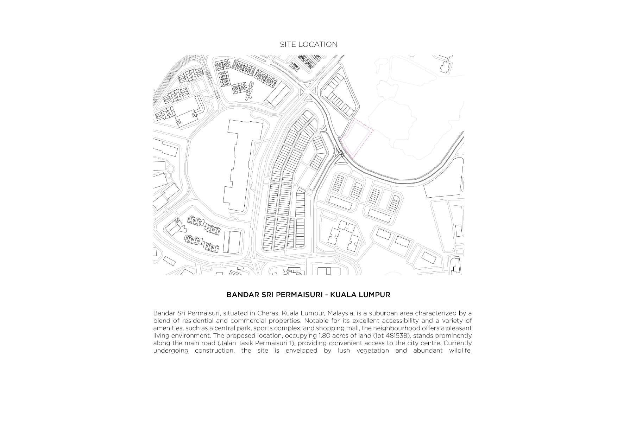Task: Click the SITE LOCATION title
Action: point(308,45)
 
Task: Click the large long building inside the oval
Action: point(239,165)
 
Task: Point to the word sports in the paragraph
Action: point(263,328)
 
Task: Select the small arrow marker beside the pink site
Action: point(341,153)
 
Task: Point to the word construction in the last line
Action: point(214,351)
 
